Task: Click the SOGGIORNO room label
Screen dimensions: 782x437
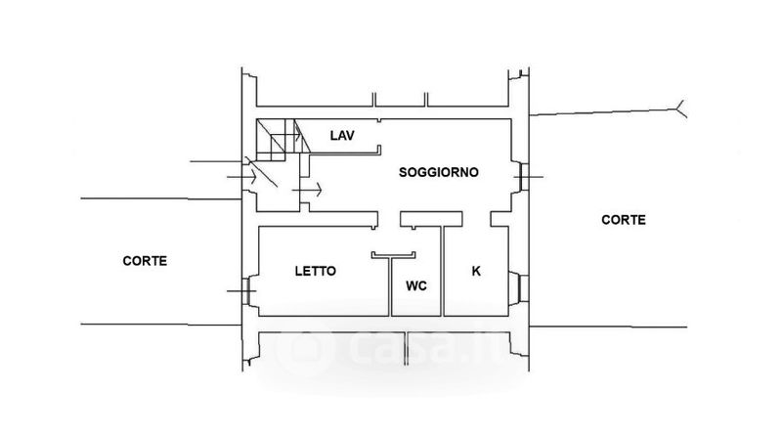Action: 438,172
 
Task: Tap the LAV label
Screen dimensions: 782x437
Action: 342,135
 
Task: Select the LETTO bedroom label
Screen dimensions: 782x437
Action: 315,271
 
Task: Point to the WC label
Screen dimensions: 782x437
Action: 416,285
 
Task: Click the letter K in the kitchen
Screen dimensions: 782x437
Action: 476,271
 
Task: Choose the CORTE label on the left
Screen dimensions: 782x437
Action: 145,260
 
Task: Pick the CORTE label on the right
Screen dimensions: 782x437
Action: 624,220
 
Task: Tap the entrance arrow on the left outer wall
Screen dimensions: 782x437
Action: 241,177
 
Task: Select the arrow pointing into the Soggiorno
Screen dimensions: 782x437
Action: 307,190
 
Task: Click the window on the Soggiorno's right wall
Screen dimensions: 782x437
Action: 522,177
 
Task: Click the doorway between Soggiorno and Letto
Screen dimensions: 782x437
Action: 389,219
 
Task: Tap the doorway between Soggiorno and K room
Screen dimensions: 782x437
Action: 477,219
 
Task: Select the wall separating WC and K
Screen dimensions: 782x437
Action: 443,271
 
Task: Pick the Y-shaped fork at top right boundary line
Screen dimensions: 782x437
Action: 681,109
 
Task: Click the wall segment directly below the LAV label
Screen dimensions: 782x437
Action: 345,154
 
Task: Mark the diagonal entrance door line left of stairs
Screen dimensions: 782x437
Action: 262,172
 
